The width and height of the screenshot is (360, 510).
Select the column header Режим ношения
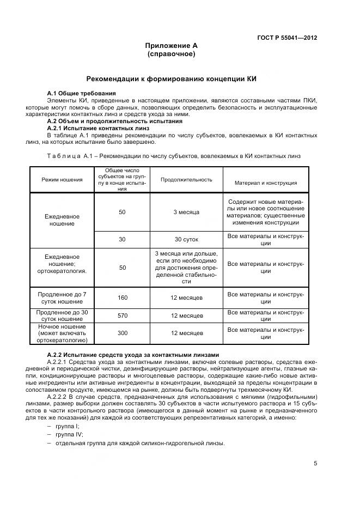click(x=62, y=180)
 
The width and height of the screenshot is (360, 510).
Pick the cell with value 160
click(x=123, y=297)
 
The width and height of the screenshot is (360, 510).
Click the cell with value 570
click(x=123, y=315)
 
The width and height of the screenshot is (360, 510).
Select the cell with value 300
click(x=123, y=333)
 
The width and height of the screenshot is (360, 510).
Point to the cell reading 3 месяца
click(x=186, y=212)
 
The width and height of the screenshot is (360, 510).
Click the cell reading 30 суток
click(x=186, y=239)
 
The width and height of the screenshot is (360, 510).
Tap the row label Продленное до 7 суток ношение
click(x=62, y=297)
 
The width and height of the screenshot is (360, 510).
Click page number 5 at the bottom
click(x=315, y=464)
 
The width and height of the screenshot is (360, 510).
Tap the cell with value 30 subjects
click(x=123, y=239)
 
